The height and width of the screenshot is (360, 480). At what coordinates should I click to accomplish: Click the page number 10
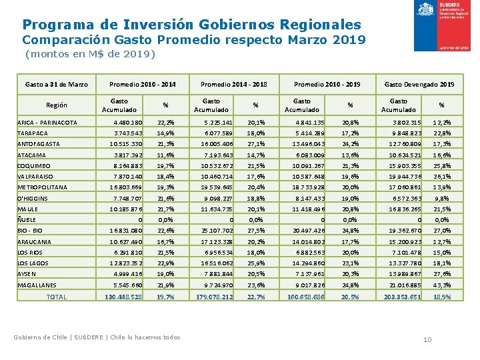click(x=428, y=341)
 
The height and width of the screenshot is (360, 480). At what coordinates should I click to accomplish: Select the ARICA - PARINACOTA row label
click(x=47, y=123)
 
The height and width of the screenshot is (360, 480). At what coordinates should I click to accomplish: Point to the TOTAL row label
click(x=57, y=297)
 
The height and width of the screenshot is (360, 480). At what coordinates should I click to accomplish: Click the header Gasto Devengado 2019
click(x=419, y=85)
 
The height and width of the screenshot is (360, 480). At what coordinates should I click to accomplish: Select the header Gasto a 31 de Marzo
click(x=57, y=85)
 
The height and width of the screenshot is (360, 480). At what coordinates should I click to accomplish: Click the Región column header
click(x=57, y=105)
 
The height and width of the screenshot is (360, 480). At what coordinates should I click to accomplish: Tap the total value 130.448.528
click(x=123, y=297)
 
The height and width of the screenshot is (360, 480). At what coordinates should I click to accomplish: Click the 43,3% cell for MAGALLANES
click(x=441, y=285)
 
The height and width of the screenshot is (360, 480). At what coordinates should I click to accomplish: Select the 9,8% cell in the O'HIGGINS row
click(x=441, y=198)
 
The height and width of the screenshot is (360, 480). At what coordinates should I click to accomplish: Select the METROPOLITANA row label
click(x=44, y=187)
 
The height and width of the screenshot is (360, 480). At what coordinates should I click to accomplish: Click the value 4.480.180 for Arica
click(x=128, y=123)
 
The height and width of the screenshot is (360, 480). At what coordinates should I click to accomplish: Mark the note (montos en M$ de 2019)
click(x=90, y=54)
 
